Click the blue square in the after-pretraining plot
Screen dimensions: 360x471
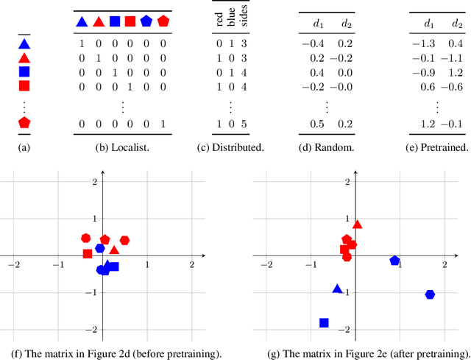(324, 322)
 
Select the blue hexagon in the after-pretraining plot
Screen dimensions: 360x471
(430, 294)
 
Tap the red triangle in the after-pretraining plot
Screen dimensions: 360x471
(358, 225)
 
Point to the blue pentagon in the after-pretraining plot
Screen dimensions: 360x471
(394, 261)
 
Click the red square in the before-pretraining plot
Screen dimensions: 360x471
(88, 254)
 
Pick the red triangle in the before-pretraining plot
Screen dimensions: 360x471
(113, 250)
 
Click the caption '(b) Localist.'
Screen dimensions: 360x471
(122, 148)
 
